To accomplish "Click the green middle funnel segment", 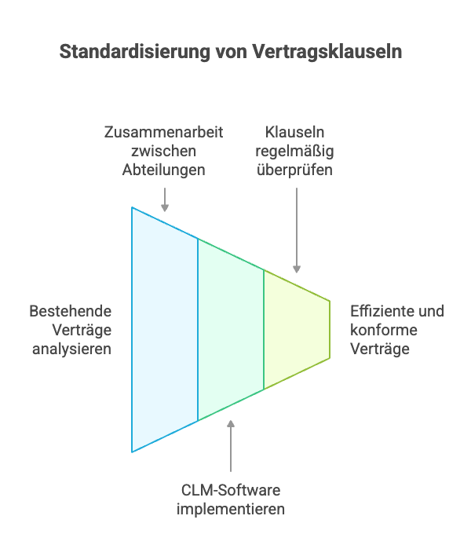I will [x=231, y=330].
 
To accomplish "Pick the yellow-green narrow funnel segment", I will [x=297, y=330].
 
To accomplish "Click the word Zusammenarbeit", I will [x=164, y=132].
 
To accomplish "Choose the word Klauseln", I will [x=295, y=132].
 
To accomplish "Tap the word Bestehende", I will [x=70, y=311].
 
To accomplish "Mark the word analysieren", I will [x=71, y=348].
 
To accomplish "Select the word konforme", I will [x=384, y=330].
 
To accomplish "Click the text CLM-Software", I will [x=231, y=491].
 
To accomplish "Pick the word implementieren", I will [x=231, y=509].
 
